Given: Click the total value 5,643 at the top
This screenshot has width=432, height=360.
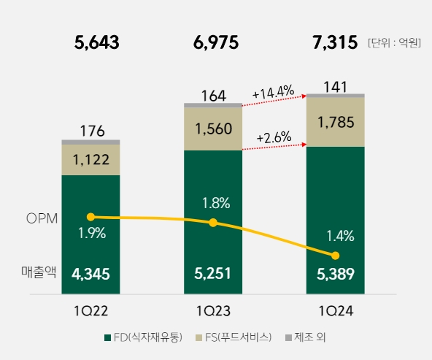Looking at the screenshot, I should pos(96,43).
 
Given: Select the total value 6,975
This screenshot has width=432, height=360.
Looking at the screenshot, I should pos(216,43).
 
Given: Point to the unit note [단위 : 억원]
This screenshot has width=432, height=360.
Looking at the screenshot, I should pos(394,43).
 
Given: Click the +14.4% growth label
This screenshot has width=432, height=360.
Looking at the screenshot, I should pos(273,93).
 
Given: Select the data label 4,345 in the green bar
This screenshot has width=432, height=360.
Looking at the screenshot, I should pos(90,275).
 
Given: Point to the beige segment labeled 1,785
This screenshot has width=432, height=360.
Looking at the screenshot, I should pos(335,121).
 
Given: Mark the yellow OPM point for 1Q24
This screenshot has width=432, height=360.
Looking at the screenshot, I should pos(335,256).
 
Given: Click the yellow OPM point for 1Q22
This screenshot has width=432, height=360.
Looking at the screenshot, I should pos(90,217).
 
